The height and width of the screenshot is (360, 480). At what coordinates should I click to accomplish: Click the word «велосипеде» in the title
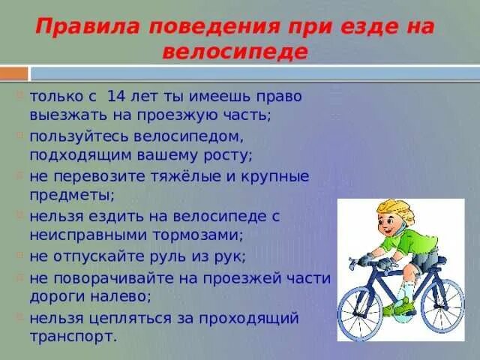(235, 52)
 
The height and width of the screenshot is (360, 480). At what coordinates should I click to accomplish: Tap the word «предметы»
(70, 196)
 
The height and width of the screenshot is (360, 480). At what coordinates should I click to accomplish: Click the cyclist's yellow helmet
(395, 209)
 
